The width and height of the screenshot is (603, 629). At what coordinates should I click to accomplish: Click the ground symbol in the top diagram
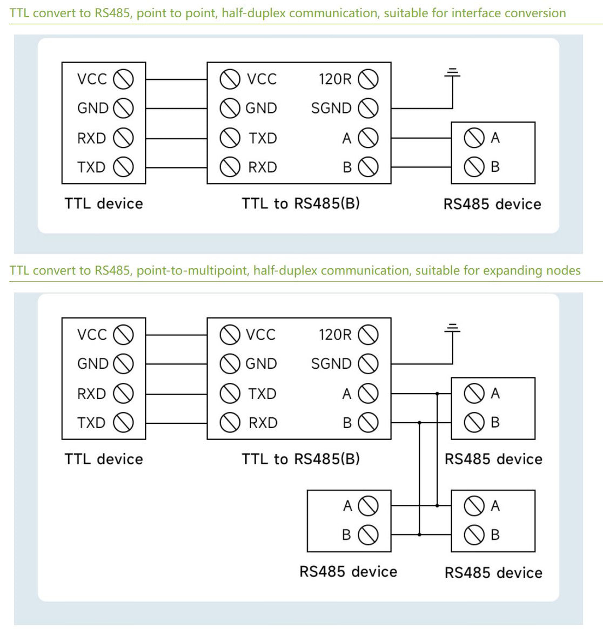pyautogui.click(x=453, y=73)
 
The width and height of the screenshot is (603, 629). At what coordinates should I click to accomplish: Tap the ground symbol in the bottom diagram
pyautogui.click(x=453, y=328)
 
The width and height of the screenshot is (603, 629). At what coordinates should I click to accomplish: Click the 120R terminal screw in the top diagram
pyautogui.click(x=368, y=79)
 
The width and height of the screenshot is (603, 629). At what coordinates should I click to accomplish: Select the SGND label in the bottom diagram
pyautogui.click(x=331, y=364)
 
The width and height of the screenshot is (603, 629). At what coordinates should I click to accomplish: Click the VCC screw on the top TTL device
pyautogui.click(x=124, y=79)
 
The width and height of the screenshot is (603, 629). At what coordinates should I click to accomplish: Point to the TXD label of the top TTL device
pyautogui.click(x=91, y=167)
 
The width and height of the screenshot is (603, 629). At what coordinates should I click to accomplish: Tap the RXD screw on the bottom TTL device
pyautogui.click(x=124, y=394)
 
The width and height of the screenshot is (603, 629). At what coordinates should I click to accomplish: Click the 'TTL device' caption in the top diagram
pyautogui.click(x=104, y=204)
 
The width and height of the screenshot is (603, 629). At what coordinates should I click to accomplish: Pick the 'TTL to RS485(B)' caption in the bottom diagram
pyautogui.click(x=300, y=459)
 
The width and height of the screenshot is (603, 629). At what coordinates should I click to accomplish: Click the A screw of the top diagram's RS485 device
pyautogui.click(x=474, y=138)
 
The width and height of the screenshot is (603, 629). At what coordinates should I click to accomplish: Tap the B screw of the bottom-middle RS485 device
pyautogui.click(x=368, y=535)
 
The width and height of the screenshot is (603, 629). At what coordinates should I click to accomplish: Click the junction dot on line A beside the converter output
pyautogui.click(x=437, y=394)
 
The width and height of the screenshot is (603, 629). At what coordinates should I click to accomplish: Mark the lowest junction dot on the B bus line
pyautogui.click(x=419, y=535)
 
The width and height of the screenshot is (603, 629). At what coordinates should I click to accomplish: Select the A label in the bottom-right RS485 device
pyautogui.click(x=495, y=506)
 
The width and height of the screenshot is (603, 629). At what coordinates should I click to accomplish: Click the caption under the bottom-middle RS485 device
pyautogui.click(x=348, y=571)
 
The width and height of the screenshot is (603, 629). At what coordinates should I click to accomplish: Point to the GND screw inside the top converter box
pyautogui.click(x=230, y=108)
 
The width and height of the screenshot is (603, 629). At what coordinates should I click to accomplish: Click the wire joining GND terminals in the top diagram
pyautogui.click(x=176, y=109)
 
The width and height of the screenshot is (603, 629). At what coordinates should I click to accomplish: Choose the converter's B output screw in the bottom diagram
pyautogui.click(x=368, y=423)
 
